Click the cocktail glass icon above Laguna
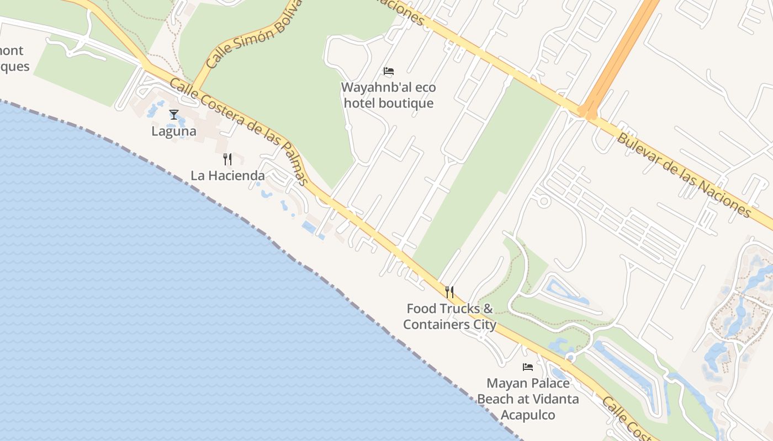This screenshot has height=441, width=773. coord(174,115)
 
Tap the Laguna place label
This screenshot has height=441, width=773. coord(174,131)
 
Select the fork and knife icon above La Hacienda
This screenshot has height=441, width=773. coord(227,159)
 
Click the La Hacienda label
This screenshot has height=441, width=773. coord(227,176)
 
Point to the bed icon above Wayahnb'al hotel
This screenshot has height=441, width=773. coord(389,71)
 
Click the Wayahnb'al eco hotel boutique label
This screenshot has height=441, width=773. coord(388,95)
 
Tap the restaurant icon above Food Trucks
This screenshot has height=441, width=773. coord(449,292)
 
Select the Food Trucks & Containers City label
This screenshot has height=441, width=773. coord(449,316)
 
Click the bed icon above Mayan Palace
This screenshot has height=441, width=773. coord(528,367)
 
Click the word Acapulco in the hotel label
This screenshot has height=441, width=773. coord(528,415)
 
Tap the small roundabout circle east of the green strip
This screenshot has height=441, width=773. coord(544,201)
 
